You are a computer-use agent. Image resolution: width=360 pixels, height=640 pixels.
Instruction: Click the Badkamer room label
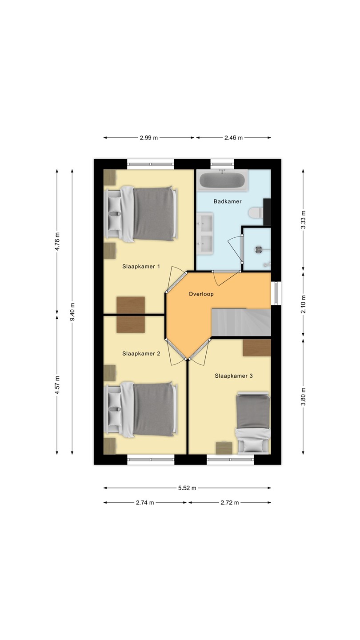[x=228, y=201]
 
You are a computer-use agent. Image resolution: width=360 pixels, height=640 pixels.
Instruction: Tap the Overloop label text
[x=201, y=294]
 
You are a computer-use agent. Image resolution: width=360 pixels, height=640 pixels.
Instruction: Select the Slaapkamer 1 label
[x=141, y=267]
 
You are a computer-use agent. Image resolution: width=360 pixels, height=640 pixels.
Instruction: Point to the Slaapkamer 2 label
[x=141, y=354]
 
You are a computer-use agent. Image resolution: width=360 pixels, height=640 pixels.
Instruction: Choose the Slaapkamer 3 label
[x=234, y=376]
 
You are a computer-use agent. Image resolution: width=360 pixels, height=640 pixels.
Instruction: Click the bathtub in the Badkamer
[x=222, y=180]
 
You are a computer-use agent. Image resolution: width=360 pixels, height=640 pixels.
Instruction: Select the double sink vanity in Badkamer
[x=204, y=233]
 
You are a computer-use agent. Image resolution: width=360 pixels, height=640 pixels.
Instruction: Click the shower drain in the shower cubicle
[x=259, y=249]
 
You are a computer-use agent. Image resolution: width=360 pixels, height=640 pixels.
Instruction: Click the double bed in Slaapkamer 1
[x=141, y=214]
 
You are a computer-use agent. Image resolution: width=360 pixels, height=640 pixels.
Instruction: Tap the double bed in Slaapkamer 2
[x=141, y=409]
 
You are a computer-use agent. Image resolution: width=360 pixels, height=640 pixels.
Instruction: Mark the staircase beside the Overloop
[x=241, y=322]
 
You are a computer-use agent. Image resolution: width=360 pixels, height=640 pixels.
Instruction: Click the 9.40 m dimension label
[x=72, y=312]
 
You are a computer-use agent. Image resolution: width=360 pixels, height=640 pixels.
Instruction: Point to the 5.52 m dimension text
[x=187, y=488]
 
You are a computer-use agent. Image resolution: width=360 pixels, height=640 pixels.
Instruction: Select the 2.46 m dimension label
[x=233, y=138]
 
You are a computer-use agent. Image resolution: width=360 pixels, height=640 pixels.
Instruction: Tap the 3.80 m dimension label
[x=303, y=396]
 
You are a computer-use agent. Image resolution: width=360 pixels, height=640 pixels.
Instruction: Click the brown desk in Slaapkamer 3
[x=256, y=348]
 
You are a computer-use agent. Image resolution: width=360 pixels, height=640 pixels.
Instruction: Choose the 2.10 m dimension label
[x=303, y=304]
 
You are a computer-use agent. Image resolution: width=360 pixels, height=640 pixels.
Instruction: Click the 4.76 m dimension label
[x=57, y=241]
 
